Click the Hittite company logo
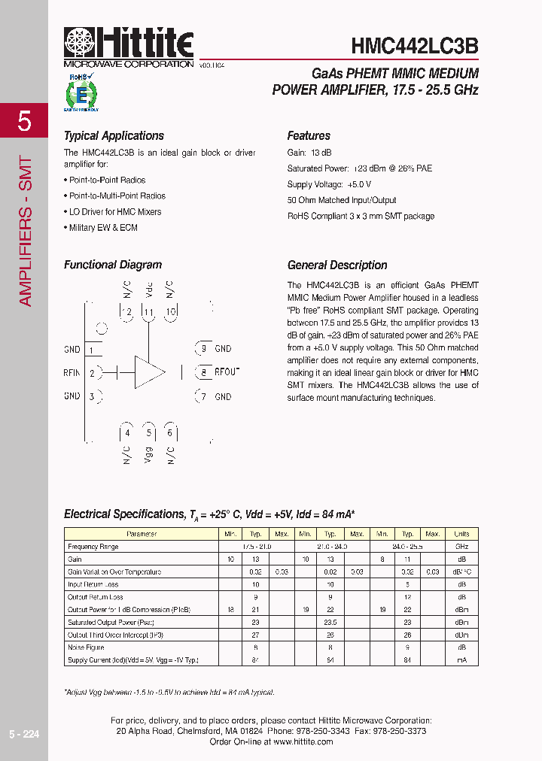[x=129, y=47]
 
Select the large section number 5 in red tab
[x=24, y=120]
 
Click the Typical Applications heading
[x=114, y=136]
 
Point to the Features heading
[x=309, y=136]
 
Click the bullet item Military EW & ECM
[x=103, y=228]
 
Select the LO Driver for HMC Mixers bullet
[x=114, y=212]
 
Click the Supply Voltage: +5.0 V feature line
[x=329, y=184]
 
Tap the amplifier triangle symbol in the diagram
[x=149, y=372]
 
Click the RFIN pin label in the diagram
[x=72, y=373]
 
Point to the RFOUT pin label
[x=227, y=372]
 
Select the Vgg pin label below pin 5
[x=149, y=455]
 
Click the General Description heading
[x=337, y=265]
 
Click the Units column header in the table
[x=461, y=534]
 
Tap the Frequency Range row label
[x=93, y=547]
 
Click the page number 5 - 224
[x=24, y=734]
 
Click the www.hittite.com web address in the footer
[x=303, y=741]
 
